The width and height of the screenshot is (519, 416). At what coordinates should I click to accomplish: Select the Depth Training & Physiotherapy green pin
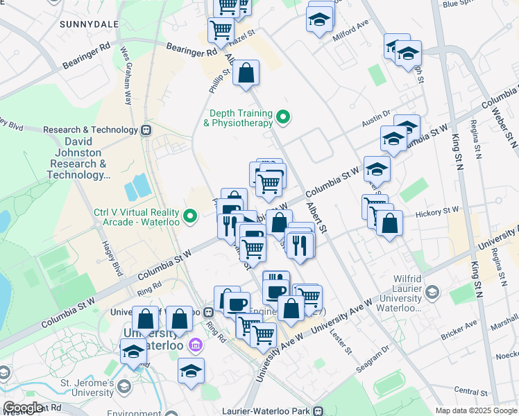click(x=282, y=117)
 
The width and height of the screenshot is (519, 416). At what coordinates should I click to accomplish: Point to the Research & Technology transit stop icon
click(x=146, y=130)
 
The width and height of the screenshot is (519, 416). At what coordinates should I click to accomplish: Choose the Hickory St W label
click(x=436, y=209)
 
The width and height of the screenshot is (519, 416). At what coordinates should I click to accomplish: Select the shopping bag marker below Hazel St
click(x=246, y=73)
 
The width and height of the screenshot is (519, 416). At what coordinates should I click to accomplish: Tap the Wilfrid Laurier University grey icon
click(x=433, y=291)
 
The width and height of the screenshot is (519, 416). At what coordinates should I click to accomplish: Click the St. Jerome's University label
click(x=77, y=388)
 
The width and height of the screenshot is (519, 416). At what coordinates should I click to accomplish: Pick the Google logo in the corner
click(x=23, y=408)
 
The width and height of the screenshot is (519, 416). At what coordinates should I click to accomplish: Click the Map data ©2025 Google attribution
click(x=476, y=411)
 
